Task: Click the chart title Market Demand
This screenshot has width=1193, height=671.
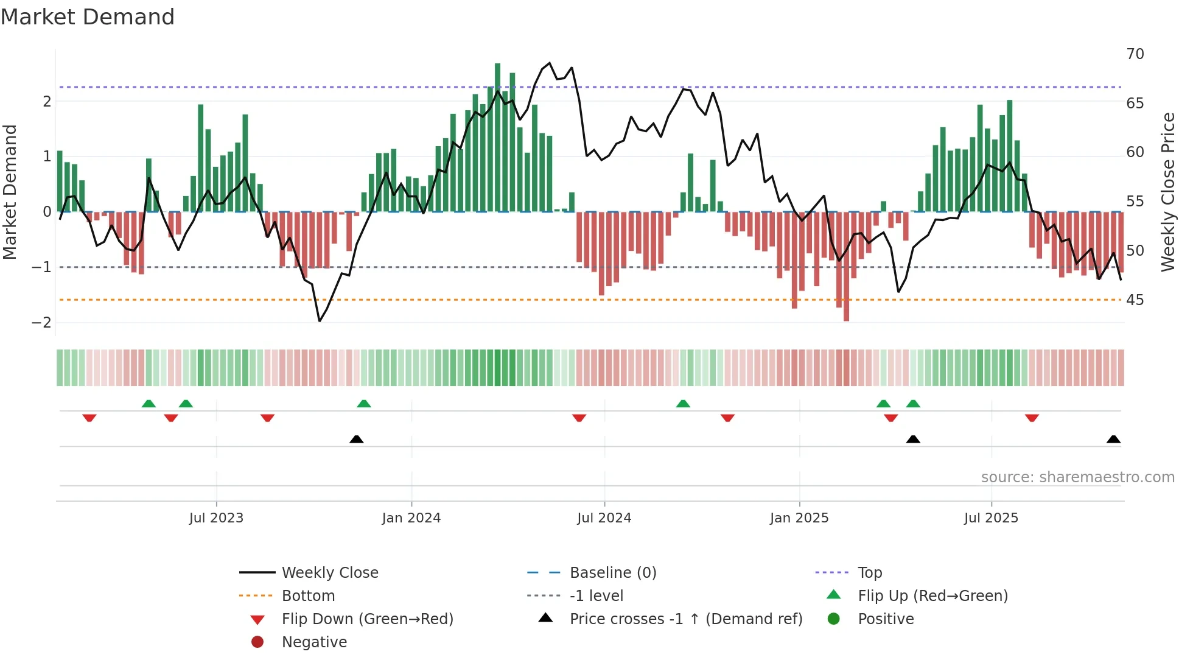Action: (88, 17)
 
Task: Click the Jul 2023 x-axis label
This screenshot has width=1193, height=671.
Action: (216, 518)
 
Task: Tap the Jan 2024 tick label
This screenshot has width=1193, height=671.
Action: (411, 518)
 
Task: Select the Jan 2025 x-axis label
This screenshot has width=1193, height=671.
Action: (799, 518)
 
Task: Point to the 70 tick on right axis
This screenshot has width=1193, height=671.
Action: (1135, 54)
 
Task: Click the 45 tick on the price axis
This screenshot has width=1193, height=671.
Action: (1135, 300)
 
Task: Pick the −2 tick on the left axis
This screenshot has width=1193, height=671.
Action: (42, 323)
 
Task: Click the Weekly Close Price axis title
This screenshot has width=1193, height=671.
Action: (1167, 192)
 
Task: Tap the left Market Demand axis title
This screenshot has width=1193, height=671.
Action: (10, 192)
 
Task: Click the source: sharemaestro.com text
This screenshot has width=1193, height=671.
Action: (1077, 477)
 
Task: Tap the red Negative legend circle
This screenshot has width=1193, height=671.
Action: (257, 642)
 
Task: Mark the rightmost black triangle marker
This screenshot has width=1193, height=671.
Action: (1113, 439)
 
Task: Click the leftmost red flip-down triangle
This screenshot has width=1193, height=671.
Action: (89, 418)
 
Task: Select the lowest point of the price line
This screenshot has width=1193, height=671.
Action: (320, 321)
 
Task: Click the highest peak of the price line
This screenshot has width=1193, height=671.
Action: (550, 63)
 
